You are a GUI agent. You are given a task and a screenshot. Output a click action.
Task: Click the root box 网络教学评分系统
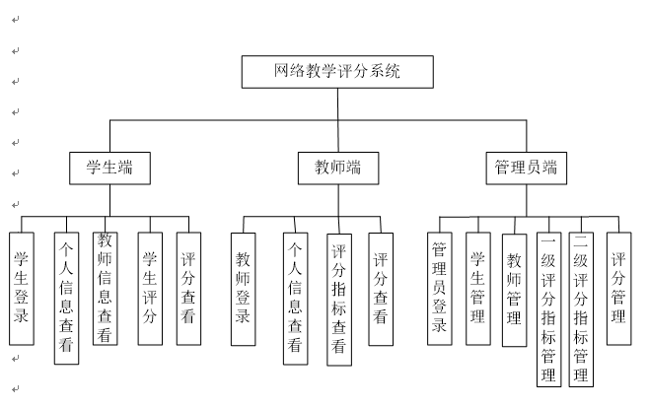[x=337, y=72]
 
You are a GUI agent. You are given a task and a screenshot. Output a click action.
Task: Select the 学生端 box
[x=109, y=169]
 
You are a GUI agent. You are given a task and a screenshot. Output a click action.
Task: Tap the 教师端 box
[x=338, y=169]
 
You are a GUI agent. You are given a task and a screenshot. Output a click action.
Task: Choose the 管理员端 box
[x=526, y=169]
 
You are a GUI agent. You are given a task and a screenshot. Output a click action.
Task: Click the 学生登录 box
[x=22, y=289]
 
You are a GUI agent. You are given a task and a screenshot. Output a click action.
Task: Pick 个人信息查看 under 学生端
[x=66, y=299]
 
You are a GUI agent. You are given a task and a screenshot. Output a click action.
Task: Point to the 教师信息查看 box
[x=106, y=289]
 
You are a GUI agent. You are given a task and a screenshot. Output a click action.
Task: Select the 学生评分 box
[x=150, y=289]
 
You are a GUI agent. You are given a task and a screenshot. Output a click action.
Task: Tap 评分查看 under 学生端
[x=188, y=289]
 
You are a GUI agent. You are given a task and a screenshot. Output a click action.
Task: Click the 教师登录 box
[x=243, y=289]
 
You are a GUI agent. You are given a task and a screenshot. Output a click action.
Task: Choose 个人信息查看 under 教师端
[x=296, y=299]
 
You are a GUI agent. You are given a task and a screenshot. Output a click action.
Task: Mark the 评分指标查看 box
[x=339, y=300]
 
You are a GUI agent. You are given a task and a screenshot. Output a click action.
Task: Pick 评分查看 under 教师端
[x=381, y=289]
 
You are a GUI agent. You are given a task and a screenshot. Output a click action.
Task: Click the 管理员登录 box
[x=440, y=289]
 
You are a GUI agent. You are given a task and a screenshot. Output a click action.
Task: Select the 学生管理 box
[x=478, y=289]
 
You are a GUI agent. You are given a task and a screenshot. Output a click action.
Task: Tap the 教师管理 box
[x=515, y=291]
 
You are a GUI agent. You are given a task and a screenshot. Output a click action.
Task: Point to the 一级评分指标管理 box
[x=548, y=309]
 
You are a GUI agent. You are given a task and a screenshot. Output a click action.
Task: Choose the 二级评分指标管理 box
[x=581, y=309]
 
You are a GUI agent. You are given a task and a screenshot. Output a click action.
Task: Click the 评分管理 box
[x=619, y=289]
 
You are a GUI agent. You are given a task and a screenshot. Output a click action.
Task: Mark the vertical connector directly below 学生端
[x=109, y=200]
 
